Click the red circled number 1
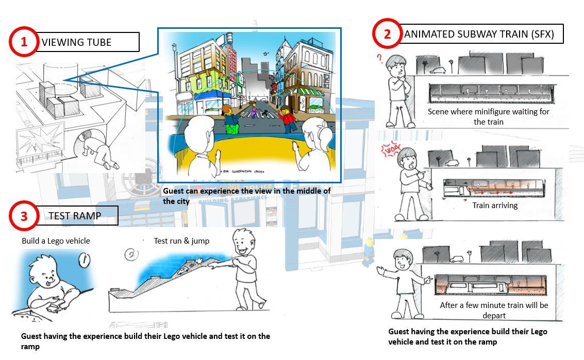pos(24,42)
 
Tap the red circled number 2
pos(387,33)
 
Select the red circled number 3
pos(24,216)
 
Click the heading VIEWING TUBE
pos(76,42)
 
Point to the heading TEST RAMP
pos(75,216)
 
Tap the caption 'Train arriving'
pos(495,205)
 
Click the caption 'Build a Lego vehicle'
pos(56,241)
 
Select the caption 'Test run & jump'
pos(181,241)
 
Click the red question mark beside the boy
pos(380,58)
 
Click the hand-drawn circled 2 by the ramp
pos(132,254)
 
